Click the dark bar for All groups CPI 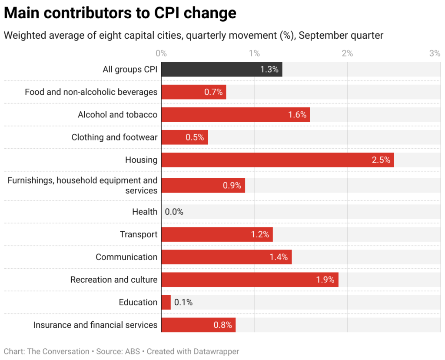click(222, 70)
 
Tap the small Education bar click(166, 302)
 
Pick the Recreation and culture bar click(249, 280)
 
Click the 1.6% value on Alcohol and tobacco click(297, 115)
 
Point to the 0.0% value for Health click(174, 212)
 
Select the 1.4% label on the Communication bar click(279, 257)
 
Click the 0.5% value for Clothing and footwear click(195, 137)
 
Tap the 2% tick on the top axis click(347, 53)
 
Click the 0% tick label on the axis click(161, 53)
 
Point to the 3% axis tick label click(435, 53)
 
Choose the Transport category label click(139, 234)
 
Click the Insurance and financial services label click(95, 325)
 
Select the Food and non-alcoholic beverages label click(91, 92)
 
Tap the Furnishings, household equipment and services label click(83, 185)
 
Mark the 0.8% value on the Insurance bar click(222, 325)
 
